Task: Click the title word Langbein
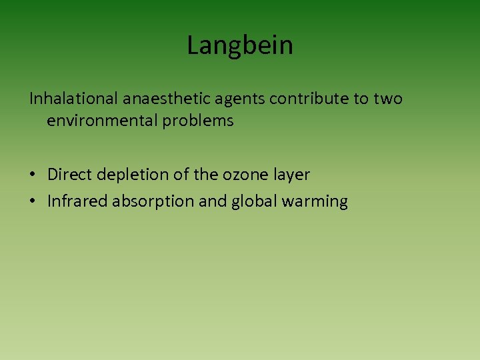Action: pyautogui.click(x=240, y=46)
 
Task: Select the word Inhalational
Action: pyautogui.click(x=73, y=99)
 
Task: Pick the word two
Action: pyautogui.click(x=387, y=99)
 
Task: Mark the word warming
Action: pyautogui.click(x=316, y=202)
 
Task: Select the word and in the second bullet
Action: pyautogui.click(x=213, y=201)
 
